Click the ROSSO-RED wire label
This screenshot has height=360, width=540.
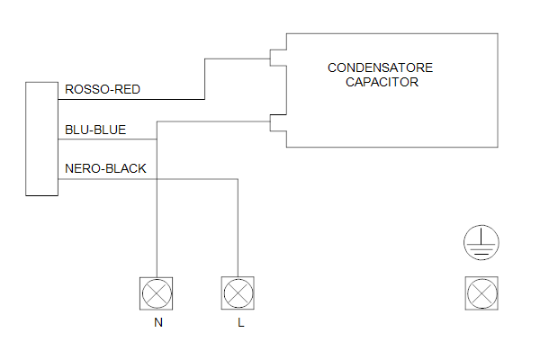(103, 90)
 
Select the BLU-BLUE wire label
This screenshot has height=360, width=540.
(95, 130)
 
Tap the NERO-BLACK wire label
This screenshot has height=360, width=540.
(105, 168)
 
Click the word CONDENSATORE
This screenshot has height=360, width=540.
(380, 67)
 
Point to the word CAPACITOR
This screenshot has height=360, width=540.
(382, 82)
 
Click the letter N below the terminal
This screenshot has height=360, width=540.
(158, 322)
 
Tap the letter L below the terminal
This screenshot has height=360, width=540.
(240, 322)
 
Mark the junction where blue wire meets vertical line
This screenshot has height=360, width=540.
(157, 139)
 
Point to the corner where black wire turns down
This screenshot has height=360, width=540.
(238, 179)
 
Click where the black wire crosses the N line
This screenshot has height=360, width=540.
(157, 179)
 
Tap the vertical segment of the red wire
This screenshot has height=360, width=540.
(205, 79)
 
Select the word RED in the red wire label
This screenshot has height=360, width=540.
(127, 90)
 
